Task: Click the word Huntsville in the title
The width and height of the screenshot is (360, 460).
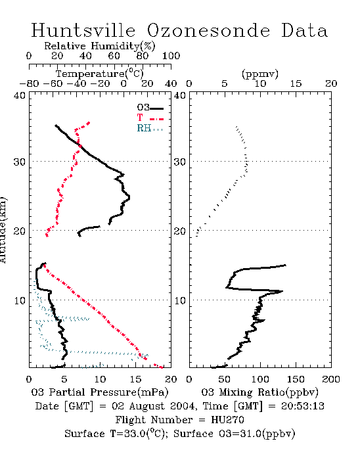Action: click(83, 30)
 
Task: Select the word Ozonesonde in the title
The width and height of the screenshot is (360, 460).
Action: click(208, 30)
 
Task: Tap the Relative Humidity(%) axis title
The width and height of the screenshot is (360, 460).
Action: click(100, 46)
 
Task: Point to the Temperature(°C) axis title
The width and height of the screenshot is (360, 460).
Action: click(100, 74)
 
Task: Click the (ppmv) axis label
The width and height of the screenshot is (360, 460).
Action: click(260, 74)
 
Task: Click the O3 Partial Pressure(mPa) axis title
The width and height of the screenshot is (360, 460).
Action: click(100, 392)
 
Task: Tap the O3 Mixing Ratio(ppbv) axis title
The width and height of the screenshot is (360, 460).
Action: click(259, 392)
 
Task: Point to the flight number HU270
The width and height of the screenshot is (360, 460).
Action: click(227, 420)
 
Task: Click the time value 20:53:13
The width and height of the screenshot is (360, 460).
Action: click(303, 406)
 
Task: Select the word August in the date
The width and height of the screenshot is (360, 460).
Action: click(147, 407)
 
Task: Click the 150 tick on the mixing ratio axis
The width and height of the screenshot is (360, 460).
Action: click(296, 379)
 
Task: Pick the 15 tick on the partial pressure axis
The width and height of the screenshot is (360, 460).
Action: click(135, 379)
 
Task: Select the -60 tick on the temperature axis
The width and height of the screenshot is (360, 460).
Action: click(53, 83)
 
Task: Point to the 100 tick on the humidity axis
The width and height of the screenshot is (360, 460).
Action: click(171, 56)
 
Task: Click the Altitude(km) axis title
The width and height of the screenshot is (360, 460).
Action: click(3, 230)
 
